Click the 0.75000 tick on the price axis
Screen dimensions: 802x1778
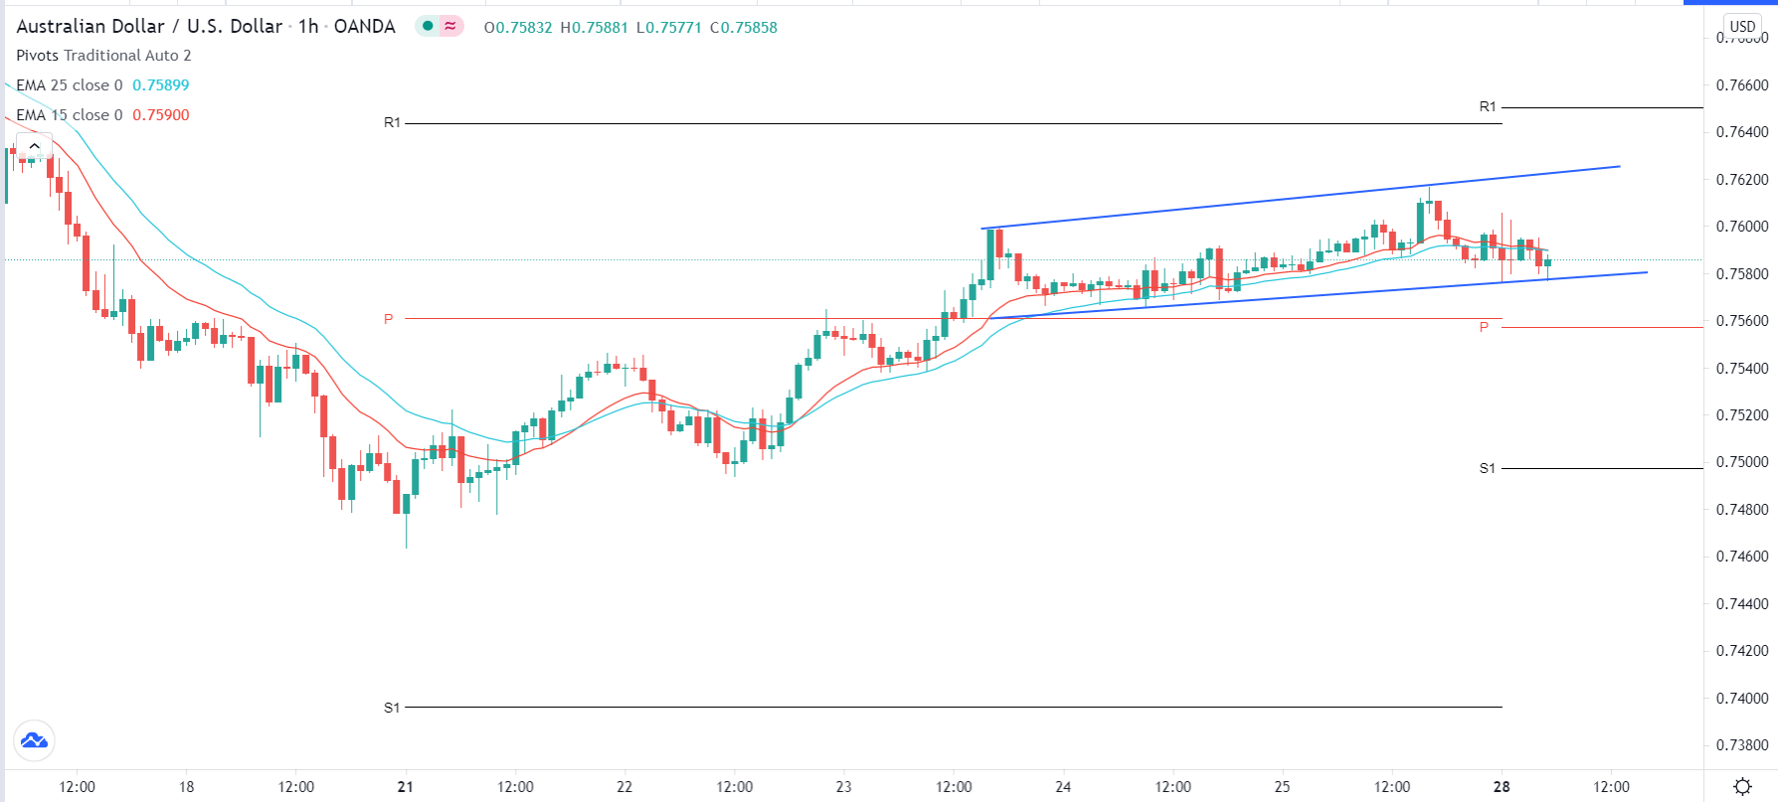coord(1742,462)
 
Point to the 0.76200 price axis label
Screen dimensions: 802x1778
coord(1742,180)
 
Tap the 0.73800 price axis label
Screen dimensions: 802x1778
coord(1742,745)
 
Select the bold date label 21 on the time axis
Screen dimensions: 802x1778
coord(405,787)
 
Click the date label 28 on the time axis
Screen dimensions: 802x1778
coord(1502,787)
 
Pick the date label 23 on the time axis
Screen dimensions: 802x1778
coord(843,787)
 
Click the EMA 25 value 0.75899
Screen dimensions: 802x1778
coord(161,85)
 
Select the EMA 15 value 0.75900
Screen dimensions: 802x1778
coord(161,115)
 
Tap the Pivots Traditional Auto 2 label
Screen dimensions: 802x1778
coord(103,56)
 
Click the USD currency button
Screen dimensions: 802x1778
coord(1742,27)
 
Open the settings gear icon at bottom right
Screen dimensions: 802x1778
coord(1742,787)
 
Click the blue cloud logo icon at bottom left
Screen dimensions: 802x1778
coord(34,740)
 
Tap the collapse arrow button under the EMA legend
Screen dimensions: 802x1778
coord(34,146)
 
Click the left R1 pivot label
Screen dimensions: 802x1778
coord(392,123)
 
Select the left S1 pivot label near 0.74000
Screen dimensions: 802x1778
coord(392,708)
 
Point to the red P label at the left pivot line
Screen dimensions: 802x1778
coord(389,319)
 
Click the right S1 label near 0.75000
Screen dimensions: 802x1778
coord(1487,468)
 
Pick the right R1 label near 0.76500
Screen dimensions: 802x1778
coord(1487,106)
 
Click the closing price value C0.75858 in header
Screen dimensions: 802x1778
coord(744,28)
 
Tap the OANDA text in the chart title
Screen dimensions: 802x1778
coord(365,27)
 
